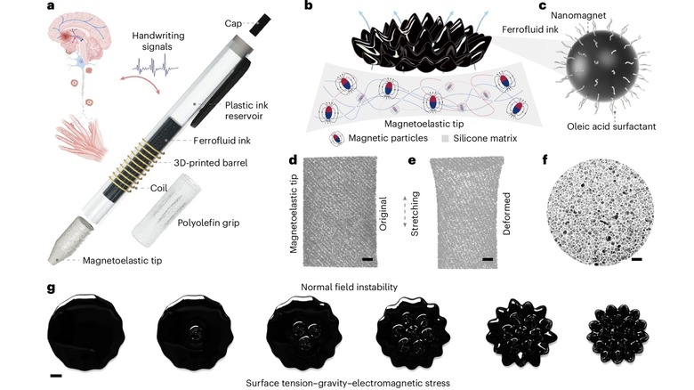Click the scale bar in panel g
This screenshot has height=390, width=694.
[x=56, y=376]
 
